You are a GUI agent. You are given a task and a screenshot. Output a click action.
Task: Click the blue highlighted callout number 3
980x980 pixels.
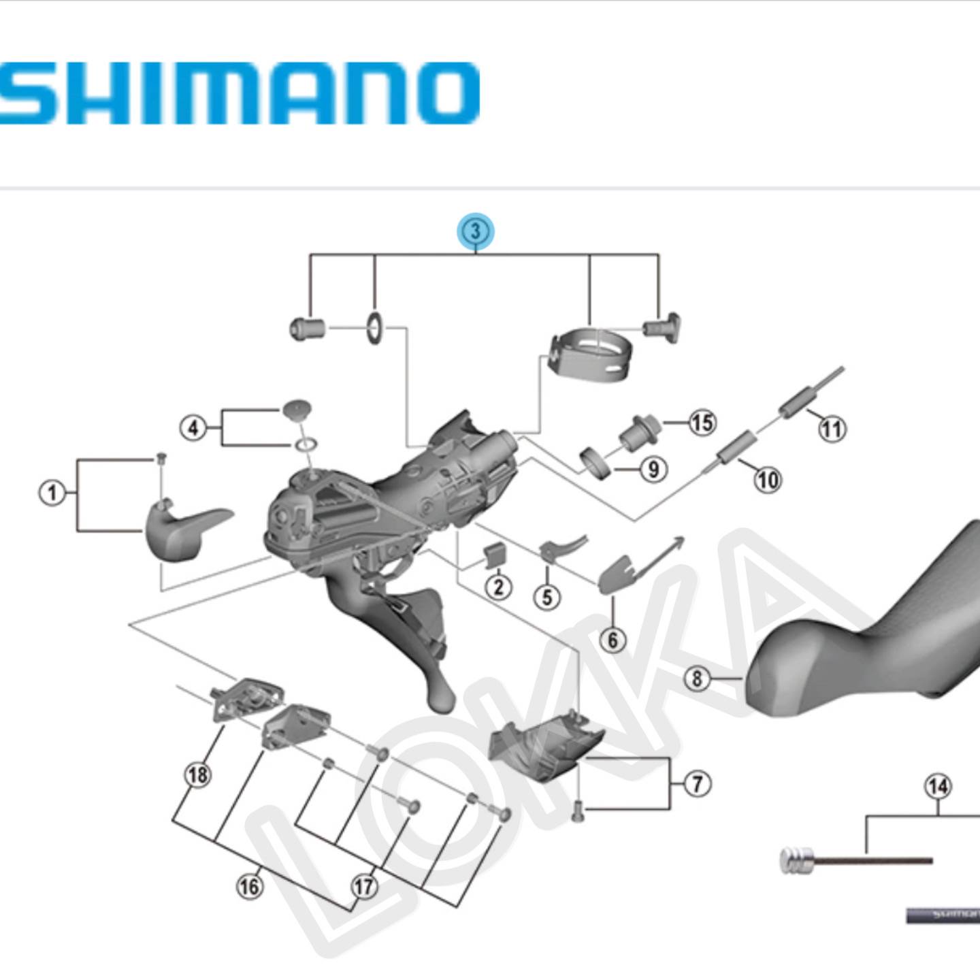(x=475, y=231)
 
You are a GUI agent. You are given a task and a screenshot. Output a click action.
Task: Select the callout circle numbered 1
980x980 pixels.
(x=52, y=492)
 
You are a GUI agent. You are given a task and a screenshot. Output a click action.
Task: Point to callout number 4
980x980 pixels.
(x=193, y=428)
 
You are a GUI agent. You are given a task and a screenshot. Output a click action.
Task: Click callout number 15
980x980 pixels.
(x=702, y=423)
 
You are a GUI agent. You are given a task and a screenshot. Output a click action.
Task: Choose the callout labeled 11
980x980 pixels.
(x=832, y=429)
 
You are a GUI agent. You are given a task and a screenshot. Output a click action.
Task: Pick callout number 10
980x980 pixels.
(x=767, y=480)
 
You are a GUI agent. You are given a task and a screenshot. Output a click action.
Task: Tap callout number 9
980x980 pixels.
(x=653, y=469)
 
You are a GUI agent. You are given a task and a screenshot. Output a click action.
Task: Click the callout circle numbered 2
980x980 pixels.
(x=498, y=586)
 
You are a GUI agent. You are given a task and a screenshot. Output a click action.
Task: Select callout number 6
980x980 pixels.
(x=612, y=640)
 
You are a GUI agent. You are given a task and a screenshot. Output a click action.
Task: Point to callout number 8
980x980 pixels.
(x=697, y=679)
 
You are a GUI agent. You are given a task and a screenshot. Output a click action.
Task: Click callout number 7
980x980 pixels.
(x=697, y=784)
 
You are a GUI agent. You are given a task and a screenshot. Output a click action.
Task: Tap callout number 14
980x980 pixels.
(x=938, y=787)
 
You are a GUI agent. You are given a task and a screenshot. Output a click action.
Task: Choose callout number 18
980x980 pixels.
(x=198, y=774)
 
